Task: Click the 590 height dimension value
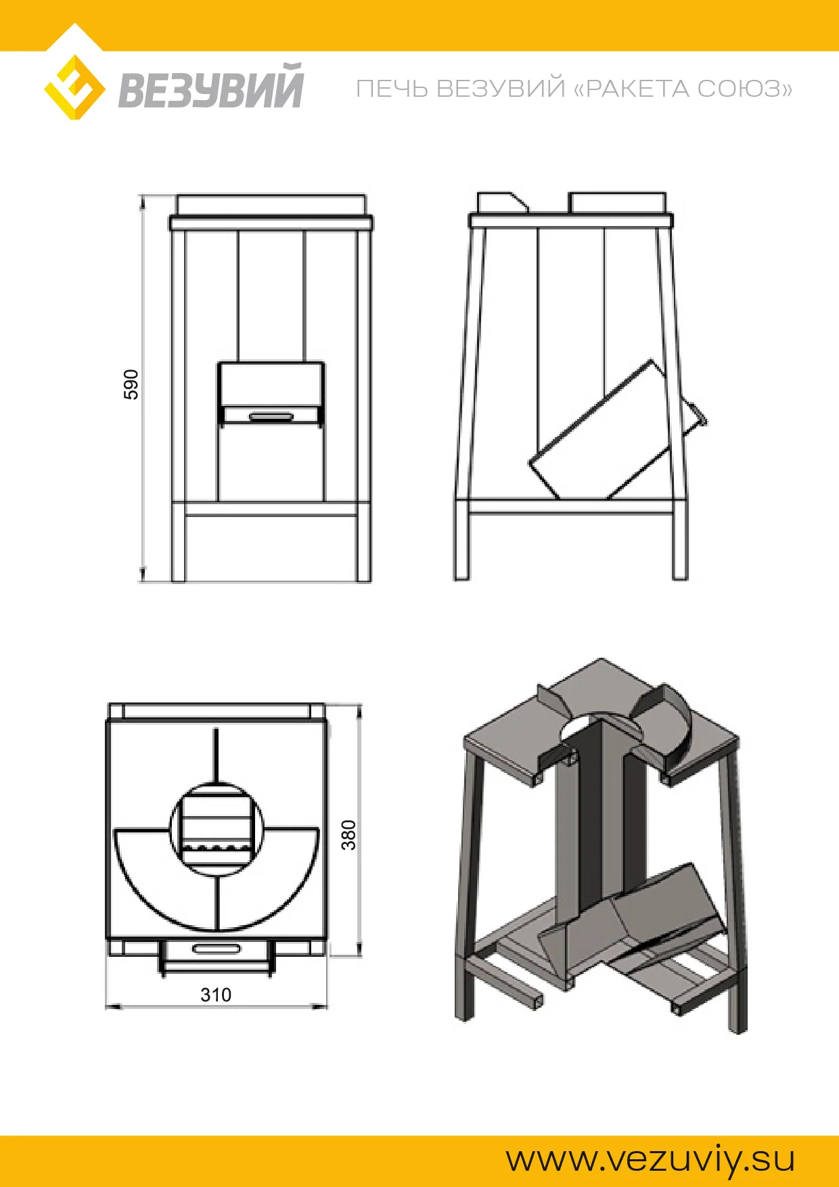click(x=131, y=384)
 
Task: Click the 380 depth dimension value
click(x=348, y=834)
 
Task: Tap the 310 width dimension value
click(x=216, y=995)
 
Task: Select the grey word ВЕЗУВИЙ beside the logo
click(x=211, y=86)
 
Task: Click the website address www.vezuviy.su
click(x=650, y=1159)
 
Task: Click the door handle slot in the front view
click(x=271, y=416)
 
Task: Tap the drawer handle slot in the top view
click(x=216, y=948)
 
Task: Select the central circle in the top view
click(x=216, y=829)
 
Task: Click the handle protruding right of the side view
click(x=694, y=416)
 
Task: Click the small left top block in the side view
click(x=502, y=202)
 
